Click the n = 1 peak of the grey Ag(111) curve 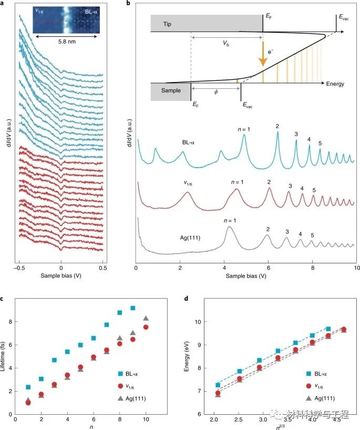tap(229, 227)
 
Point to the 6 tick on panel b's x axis tap(269, 267)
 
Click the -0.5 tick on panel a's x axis tap(19, 267)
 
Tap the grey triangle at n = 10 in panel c tap(146, 319)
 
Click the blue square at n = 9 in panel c tap(133, 308)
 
